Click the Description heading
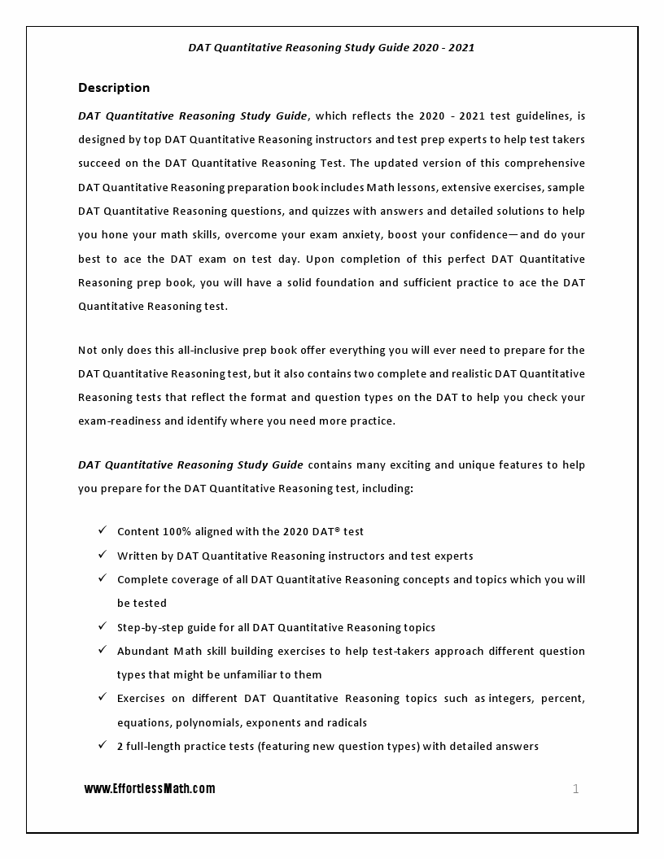[114, 88]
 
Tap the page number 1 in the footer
[576, 788]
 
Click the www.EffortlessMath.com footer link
[150, 789]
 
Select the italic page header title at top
[331, 47]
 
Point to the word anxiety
[356, 235]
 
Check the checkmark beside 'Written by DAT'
[103, 555]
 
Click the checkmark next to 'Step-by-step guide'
[103, 626]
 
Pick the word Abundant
[143, 652]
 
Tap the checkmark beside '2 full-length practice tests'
[103, 745]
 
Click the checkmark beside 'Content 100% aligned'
[103, 530]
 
